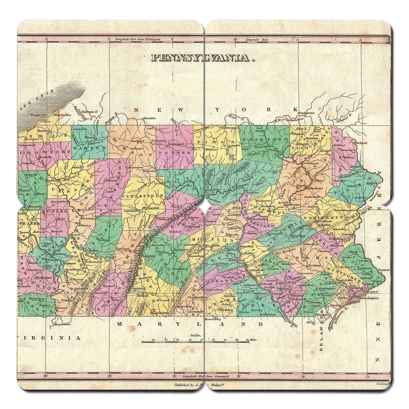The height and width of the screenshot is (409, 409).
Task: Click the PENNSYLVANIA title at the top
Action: click(x=203, y=58)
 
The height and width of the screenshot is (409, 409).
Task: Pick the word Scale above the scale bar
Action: click(x=196, y=335)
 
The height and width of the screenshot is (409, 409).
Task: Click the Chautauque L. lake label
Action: click(x=89, y=111)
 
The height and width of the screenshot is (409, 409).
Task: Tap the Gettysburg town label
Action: click(x=225, y=310)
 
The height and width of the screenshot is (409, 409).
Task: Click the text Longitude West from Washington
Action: click(x=138, y=40)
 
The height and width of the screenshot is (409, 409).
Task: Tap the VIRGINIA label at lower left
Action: click(x=50, y=338)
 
